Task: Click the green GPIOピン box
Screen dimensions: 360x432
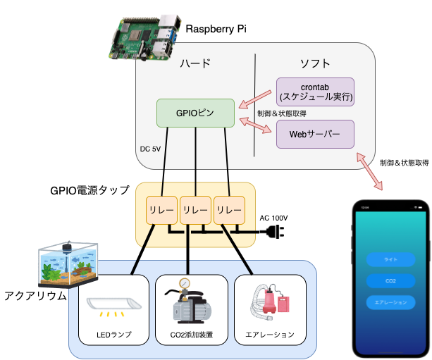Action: pos(195,113)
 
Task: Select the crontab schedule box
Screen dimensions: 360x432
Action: pos(316,92)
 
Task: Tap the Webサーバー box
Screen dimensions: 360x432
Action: pos(314,134)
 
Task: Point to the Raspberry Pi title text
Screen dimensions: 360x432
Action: pos(216,29)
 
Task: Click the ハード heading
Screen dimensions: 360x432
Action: pos(195,63)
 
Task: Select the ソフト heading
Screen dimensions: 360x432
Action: pos(315,63)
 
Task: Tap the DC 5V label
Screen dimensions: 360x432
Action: pos(151,149)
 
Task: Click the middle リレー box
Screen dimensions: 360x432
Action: pos(195,209)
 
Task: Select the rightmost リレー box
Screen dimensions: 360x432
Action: pos(229,209)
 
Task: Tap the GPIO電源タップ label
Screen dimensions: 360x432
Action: pos(90,190)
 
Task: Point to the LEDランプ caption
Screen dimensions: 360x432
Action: pos(113,334)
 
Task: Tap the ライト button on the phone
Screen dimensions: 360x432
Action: pos(390,259)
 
